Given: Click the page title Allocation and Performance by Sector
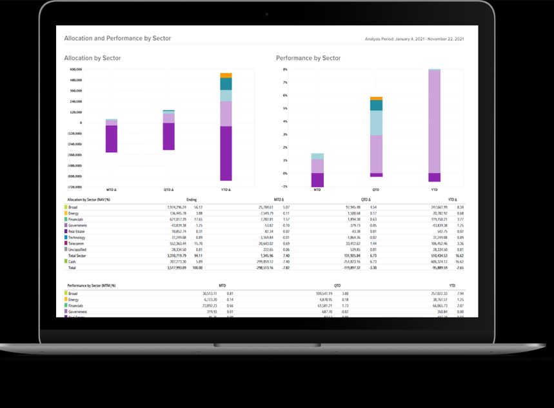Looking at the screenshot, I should tap(117, 39).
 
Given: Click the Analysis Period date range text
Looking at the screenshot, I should tap(414, 40).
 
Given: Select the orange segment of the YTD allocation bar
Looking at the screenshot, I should tap(226, 76).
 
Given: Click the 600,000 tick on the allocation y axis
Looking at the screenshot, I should tap(76, 69).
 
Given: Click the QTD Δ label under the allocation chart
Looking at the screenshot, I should tap(169, 190).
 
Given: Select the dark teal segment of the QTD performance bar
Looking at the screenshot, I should tap(376, 105).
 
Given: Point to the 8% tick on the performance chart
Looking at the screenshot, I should tap(284, 69).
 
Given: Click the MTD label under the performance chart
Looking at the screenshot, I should tap(317, 190).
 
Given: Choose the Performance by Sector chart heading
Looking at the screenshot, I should tap(308, 58).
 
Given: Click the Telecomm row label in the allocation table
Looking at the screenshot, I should tap(77, 243).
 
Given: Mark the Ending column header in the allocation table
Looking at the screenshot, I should tap(191, 200).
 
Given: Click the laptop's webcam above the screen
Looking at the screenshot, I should tap(266, 14).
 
